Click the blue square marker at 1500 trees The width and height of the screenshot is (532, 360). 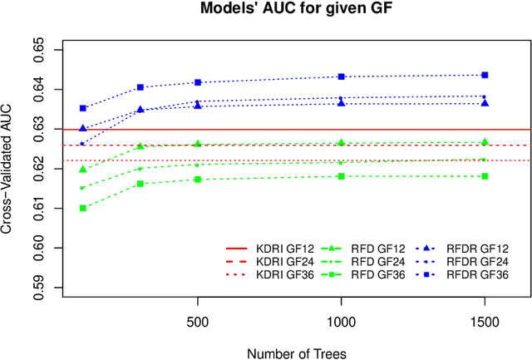[x=485, y=75]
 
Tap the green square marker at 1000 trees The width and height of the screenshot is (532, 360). [x=341, y=176]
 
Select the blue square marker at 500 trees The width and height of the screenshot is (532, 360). [x=197, y=82]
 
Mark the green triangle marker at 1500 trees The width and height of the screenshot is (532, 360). [x=485, y=142]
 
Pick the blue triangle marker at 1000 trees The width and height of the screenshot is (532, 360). [x=341, y=103]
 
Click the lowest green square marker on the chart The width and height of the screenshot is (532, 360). [x=82, y=208]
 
